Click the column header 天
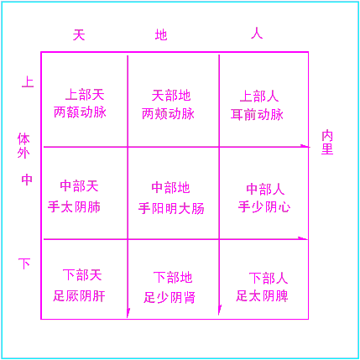[x=79, y=34]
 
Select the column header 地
[x=161, y=35]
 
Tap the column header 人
[x=257, y=34]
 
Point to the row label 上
[x=28, y=82]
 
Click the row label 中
[x=27, y=180]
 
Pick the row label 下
[x=24, y=263]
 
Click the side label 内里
[x=327, y=142]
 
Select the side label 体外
[x=23, y=146]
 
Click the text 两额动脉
[x=80, y=112]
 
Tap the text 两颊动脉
[x=168, y=114]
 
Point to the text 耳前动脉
[x=257, y=115]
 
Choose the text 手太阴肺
[x=74, y=207]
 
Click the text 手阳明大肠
[x=171, y=208]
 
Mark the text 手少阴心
[x=264, y=207]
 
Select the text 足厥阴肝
[x=80, y=296]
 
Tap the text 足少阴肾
[x=170, y=297]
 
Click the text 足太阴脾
[x=262, y=296]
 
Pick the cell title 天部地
[x=171, y=96]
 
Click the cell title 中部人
[x=265, y=189]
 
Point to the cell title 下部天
[x=82, y=275]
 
